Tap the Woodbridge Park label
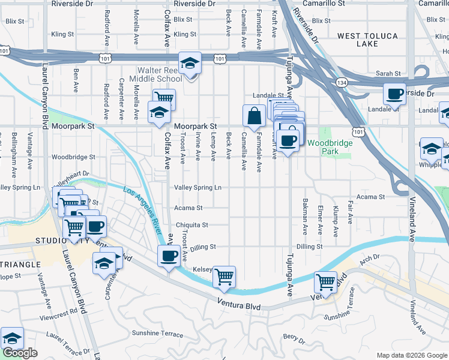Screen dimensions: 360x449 coord(324,147)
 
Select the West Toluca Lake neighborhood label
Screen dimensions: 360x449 coord(367,40)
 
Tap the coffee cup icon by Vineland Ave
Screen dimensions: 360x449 coord(394,94)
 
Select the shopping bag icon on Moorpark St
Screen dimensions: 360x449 coord(254,115)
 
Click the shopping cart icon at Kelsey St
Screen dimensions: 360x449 coord(224,276)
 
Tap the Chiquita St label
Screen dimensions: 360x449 coord(191,225)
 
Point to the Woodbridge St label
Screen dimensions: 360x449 coord(73,157)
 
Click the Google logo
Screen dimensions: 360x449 coord(20,353)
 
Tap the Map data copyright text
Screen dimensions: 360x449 coord(412,355)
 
